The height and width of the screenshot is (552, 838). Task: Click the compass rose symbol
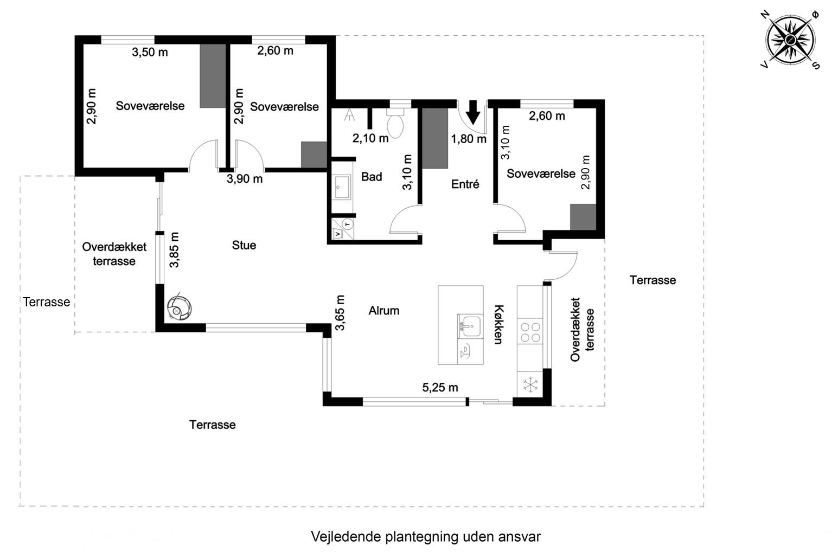tap(790, 39)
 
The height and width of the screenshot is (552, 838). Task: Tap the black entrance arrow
tap(474, 112)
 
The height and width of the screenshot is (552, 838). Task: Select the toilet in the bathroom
tap(395, 123)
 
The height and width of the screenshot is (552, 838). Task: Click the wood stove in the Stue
tap(178, 307)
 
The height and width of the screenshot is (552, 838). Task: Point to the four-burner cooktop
tap(530, 332)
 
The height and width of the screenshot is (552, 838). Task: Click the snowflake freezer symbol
tap(530, 385)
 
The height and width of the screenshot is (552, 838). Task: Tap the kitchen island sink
tap(470, 326)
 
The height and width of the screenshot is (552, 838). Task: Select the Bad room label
tap(372, 177)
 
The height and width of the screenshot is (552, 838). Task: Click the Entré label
tap(465, 184)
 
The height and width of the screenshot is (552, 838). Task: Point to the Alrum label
tap(384, 310)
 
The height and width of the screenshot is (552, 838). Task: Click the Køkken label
tap(498, 324)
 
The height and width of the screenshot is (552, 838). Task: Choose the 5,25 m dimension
tap(440, 388)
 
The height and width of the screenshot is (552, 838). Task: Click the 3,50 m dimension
tap(150, 53)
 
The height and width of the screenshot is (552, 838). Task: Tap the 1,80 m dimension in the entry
tap(469, 139)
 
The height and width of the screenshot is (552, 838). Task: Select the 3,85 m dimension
tap(174, 250)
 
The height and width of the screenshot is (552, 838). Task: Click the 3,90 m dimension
tap(244, 179)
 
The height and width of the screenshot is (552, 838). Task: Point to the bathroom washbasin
tap(342, 187)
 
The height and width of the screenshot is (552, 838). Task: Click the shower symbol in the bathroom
tap(349, 115)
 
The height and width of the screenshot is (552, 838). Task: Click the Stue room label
tap(244, 245)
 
